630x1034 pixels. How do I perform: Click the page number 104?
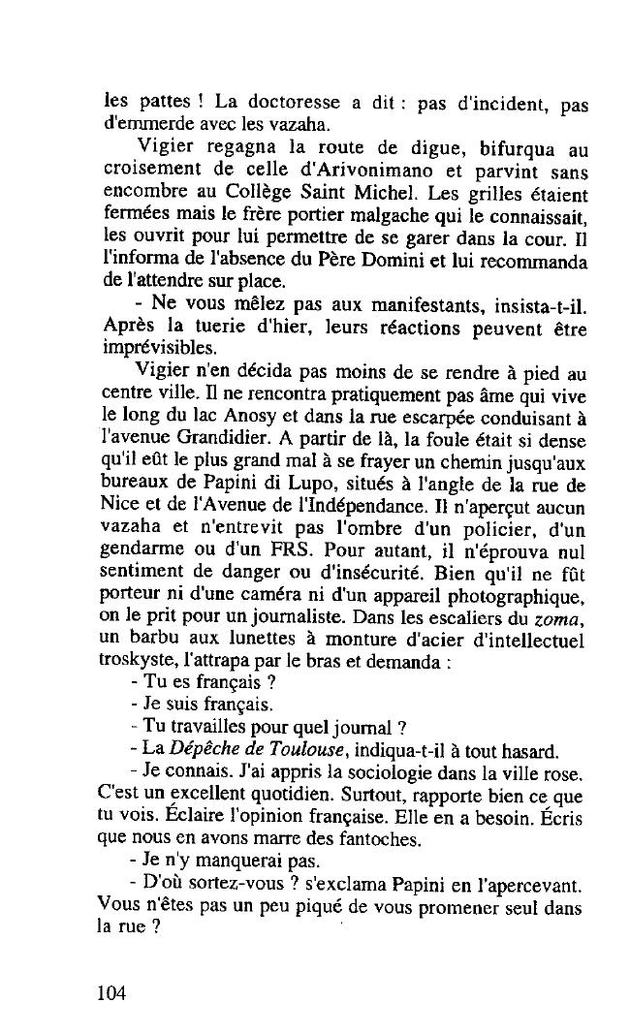[x=112, y=993]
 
